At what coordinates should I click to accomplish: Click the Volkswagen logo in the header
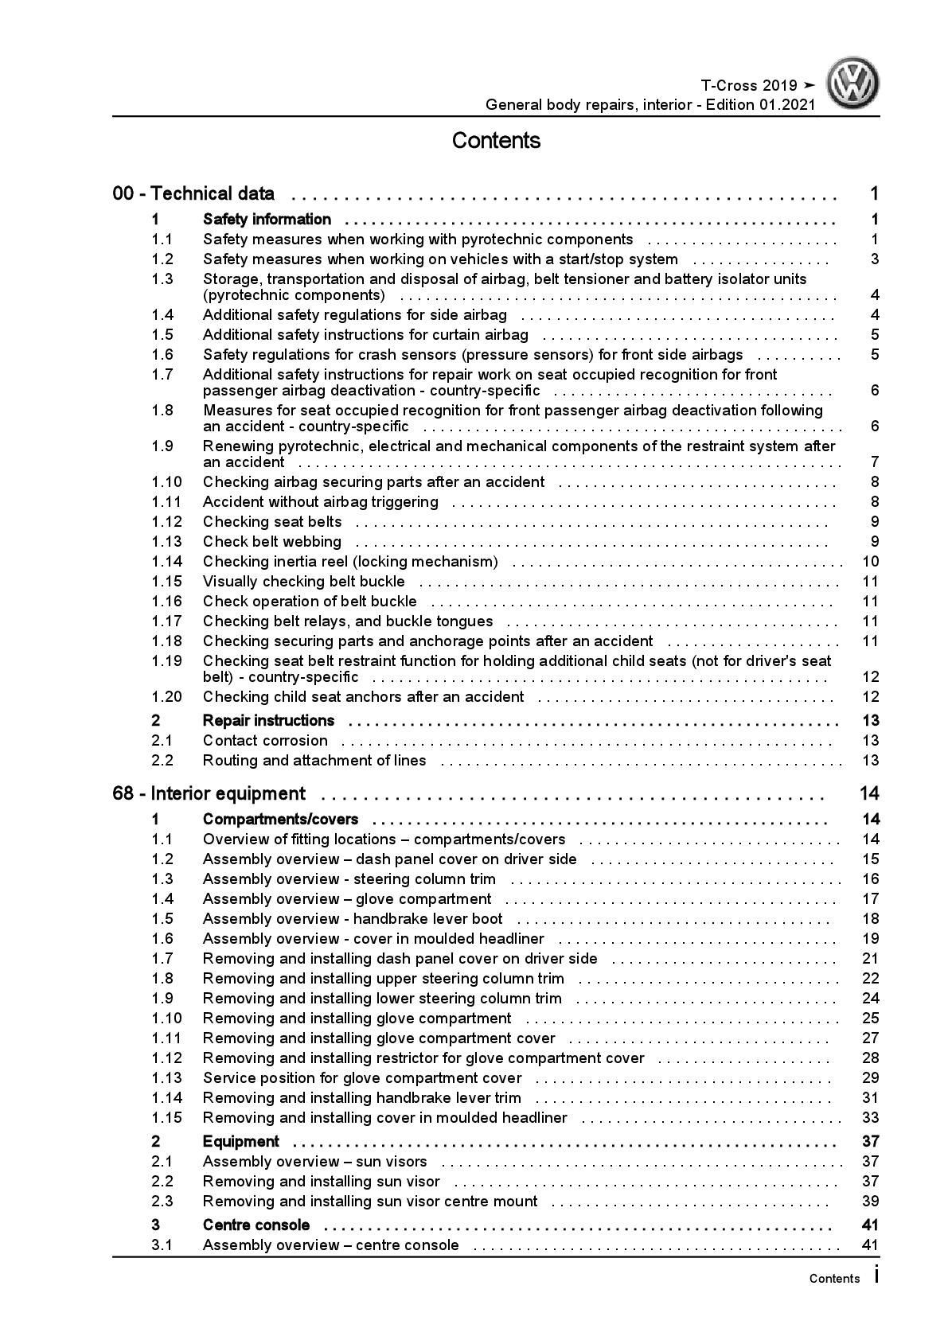click(852, 84)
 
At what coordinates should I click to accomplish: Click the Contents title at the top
click(496, 141)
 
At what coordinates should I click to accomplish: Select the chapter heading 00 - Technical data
click(193, 193)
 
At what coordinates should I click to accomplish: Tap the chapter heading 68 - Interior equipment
click(209, 793)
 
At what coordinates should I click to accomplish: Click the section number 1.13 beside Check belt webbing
click(166, 542)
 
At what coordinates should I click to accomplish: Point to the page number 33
click(870, 1117)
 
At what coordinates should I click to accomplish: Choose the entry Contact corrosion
click(265, 740)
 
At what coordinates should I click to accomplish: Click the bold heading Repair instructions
click(268, 720)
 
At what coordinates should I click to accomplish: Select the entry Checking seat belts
click(272, 522)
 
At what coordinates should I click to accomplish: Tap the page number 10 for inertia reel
click(870, 562)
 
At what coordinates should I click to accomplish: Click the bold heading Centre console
click(256, 1225)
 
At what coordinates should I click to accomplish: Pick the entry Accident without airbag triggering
click(320, 502)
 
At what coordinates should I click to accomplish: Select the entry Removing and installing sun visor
click(321, 1181)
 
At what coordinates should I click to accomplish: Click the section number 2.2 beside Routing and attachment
click(162, 760)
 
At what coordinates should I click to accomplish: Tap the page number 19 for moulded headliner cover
click(870, 939)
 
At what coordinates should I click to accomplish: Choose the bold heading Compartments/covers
click(280, 819)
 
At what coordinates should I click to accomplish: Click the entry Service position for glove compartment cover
click(362, 1077)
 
